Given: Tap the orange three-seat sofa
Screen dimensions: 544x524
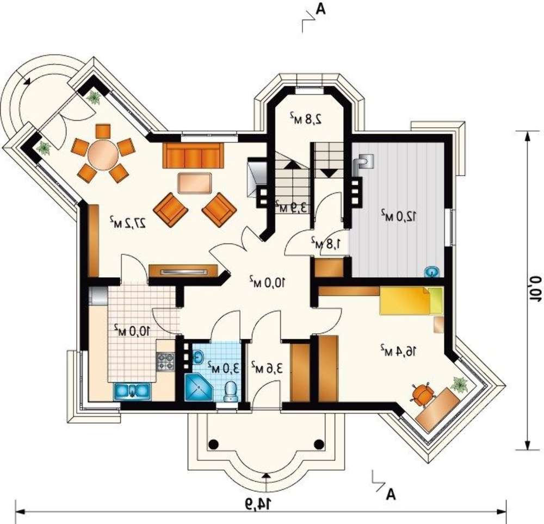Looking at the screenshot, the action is pyautogui.click(x=193, y=155).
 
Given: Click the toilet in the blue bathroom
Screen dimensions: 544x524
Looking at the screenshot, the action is pyautogui.click(x=231, y=391).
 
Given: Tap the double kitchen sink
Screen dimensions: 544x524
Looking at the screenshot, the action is pyautogui.click(x=132, y=391).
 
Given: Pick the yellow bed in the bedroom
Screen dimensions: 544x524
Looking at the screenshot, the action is pyautogui.click(x=411, y=301).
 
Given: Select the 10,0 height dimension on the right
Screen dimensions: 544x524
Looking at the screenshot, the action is pyautogui.click(x=535, y=290).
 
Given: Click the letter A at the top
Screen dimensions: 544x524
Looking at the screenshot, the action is pyautogui.click(x=321, y=10).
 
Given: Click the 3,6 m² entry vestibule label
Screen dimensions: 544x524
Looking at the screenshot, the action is pyautogui.click(x=267, y=367).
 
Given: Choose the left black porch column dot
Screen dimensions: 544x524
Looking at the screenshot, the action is pyautogui.click(x=214, y=444).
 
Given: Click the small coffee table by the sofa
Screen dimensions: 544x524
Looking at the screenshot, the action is pyautogui.click(x=195, y=183).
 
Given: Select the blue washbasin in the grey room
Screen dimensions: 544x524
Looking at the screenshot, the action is pyautogui.click(x=432, y=272).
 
